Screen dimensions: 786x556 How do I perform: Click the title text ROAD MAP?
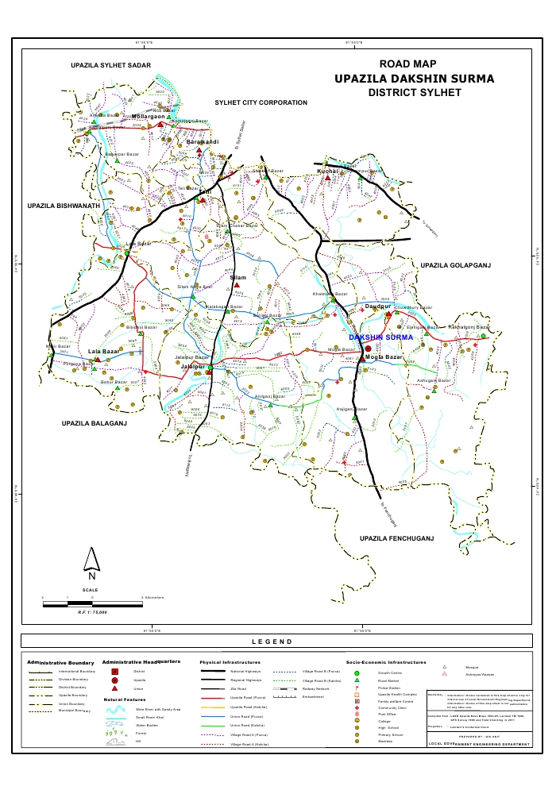(x=408, y=64)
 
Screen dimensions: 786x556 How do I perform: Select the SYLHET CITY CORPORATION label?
(x=261, y=103)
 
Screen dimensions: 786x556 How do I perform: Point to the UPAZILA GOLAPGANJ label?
(x=456, y=264)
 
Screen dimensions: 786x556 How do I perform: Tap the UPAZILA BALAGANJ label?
(x=95, y=424)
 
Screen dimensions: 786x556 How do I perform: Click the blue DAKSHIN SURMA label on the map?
(x=383, y=337)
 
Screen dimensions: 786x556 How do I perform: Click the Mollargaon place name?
(x=148, y=117)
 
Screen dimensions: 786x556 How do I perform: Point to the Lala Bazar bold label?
(x=103, y=351)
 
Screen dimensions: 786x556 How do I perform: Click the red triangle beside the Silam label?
(x=236, y=286)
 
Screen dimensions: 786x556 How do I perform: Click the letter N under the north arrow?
(x=91, y=576)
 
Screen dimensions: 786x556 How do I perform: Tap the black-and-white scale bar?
(x=91, y=603)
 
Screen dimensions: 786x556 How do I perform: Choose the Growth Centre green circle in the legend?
(x=357, y=672)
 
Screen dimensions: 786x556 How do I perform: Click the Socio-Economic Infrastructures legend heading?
(x=386, y=661)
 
